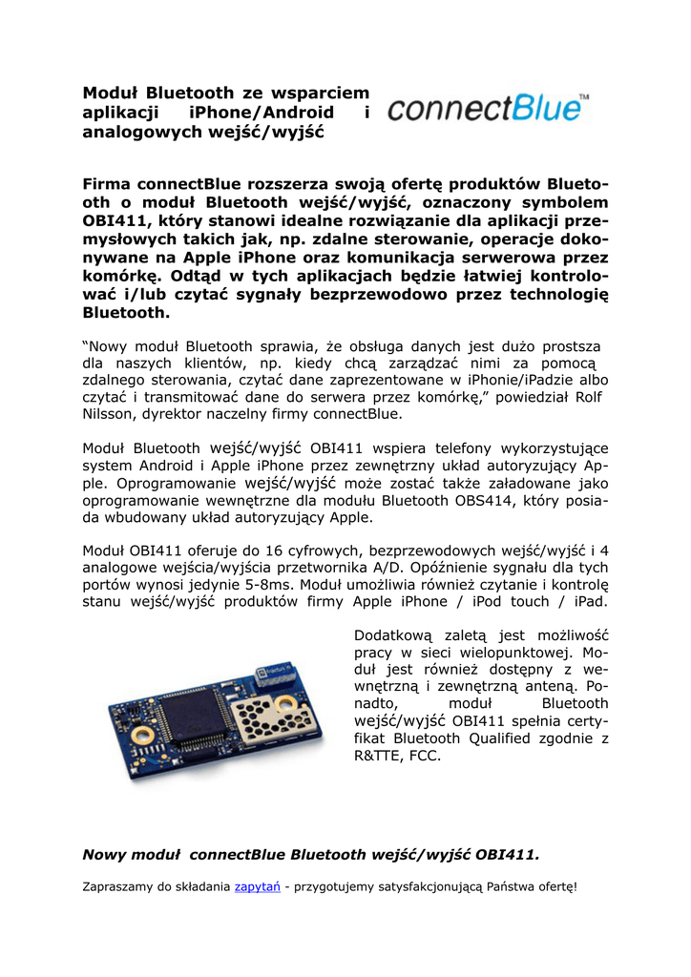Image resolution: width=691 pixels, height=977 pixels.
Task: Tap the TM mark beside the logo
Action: pyautogui.click(x=584, y=97)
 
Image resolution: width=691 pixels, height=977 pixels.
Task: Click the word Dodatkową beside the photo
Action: pyautogui.click(x=393, y=635)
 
